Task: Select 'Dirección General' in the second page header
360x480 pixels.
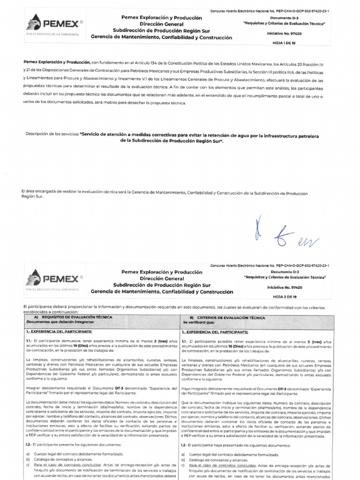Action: (x=162, y=278)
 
